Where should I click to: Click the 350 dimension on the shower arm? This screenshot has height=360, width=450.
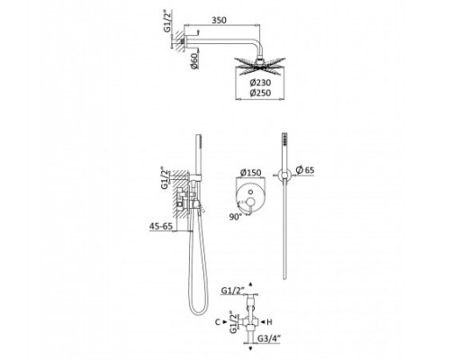point(219,21)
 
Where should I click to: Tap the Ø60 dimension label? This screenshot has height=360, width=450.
point(194,61)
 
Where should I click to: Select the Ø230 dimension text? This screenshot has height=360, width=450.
point(260,83)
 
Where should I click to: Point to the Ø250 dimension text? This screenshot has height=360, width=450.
point(260,93)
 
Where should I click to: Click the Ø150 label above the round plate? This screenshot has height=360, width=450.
point(251,173)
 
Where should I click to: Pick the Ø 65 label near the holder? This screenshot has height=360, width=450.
point(305,170)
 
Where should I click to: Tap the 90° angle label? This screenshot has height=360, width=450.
point(236,217)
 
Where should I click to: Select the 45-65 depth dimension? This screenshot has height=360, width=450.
point(161,226)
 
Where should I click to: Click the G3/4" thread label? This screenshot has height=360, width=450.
point(269,338)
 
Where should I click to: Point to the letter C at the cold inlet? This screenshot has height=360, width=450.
point(218,322)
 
